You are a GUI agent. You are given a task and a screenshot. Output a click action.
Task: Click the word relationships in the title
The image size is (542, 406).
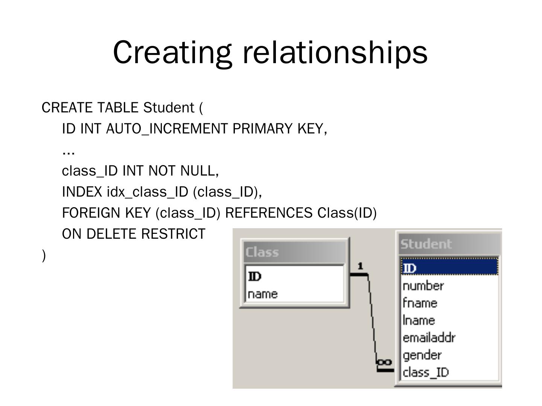tap(335, 52)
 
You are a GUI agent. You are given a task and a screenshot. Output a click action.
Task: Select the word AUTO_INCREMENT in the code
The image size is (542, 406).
tap(167, 129)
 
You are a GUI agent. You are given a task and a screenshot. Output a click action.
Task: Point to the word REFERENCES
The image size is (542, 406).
tap(268, 213)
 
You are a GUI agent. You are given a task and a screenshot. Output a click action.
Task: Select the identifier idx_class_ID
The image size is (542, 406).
tap(147, 192)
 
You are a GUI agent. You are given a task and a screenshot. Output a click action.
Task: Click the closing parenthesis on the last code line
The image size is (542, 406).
tap(44, 256)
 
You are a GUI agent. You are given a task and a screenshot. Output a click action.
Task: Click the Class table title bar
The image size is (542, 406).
tap(295, 252)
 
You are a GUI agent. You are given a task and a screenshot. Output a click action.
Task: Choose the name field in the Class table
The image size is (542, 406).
tap(263, 294)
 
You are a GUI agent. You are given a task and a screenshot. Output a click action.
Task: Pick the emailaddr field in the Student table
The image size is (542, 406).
tap(429, 338)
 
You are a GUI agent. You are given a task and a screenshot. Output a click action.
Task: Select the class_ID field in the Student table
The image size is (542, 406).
tap(426, 372)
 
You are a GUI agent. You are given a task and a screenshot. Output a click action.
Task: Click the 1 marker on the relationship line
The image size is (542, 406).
tap(360, 266)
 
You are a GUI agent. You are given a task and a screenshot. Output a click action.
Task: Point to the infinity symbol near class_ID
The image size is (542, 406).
tap(384, 362)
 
